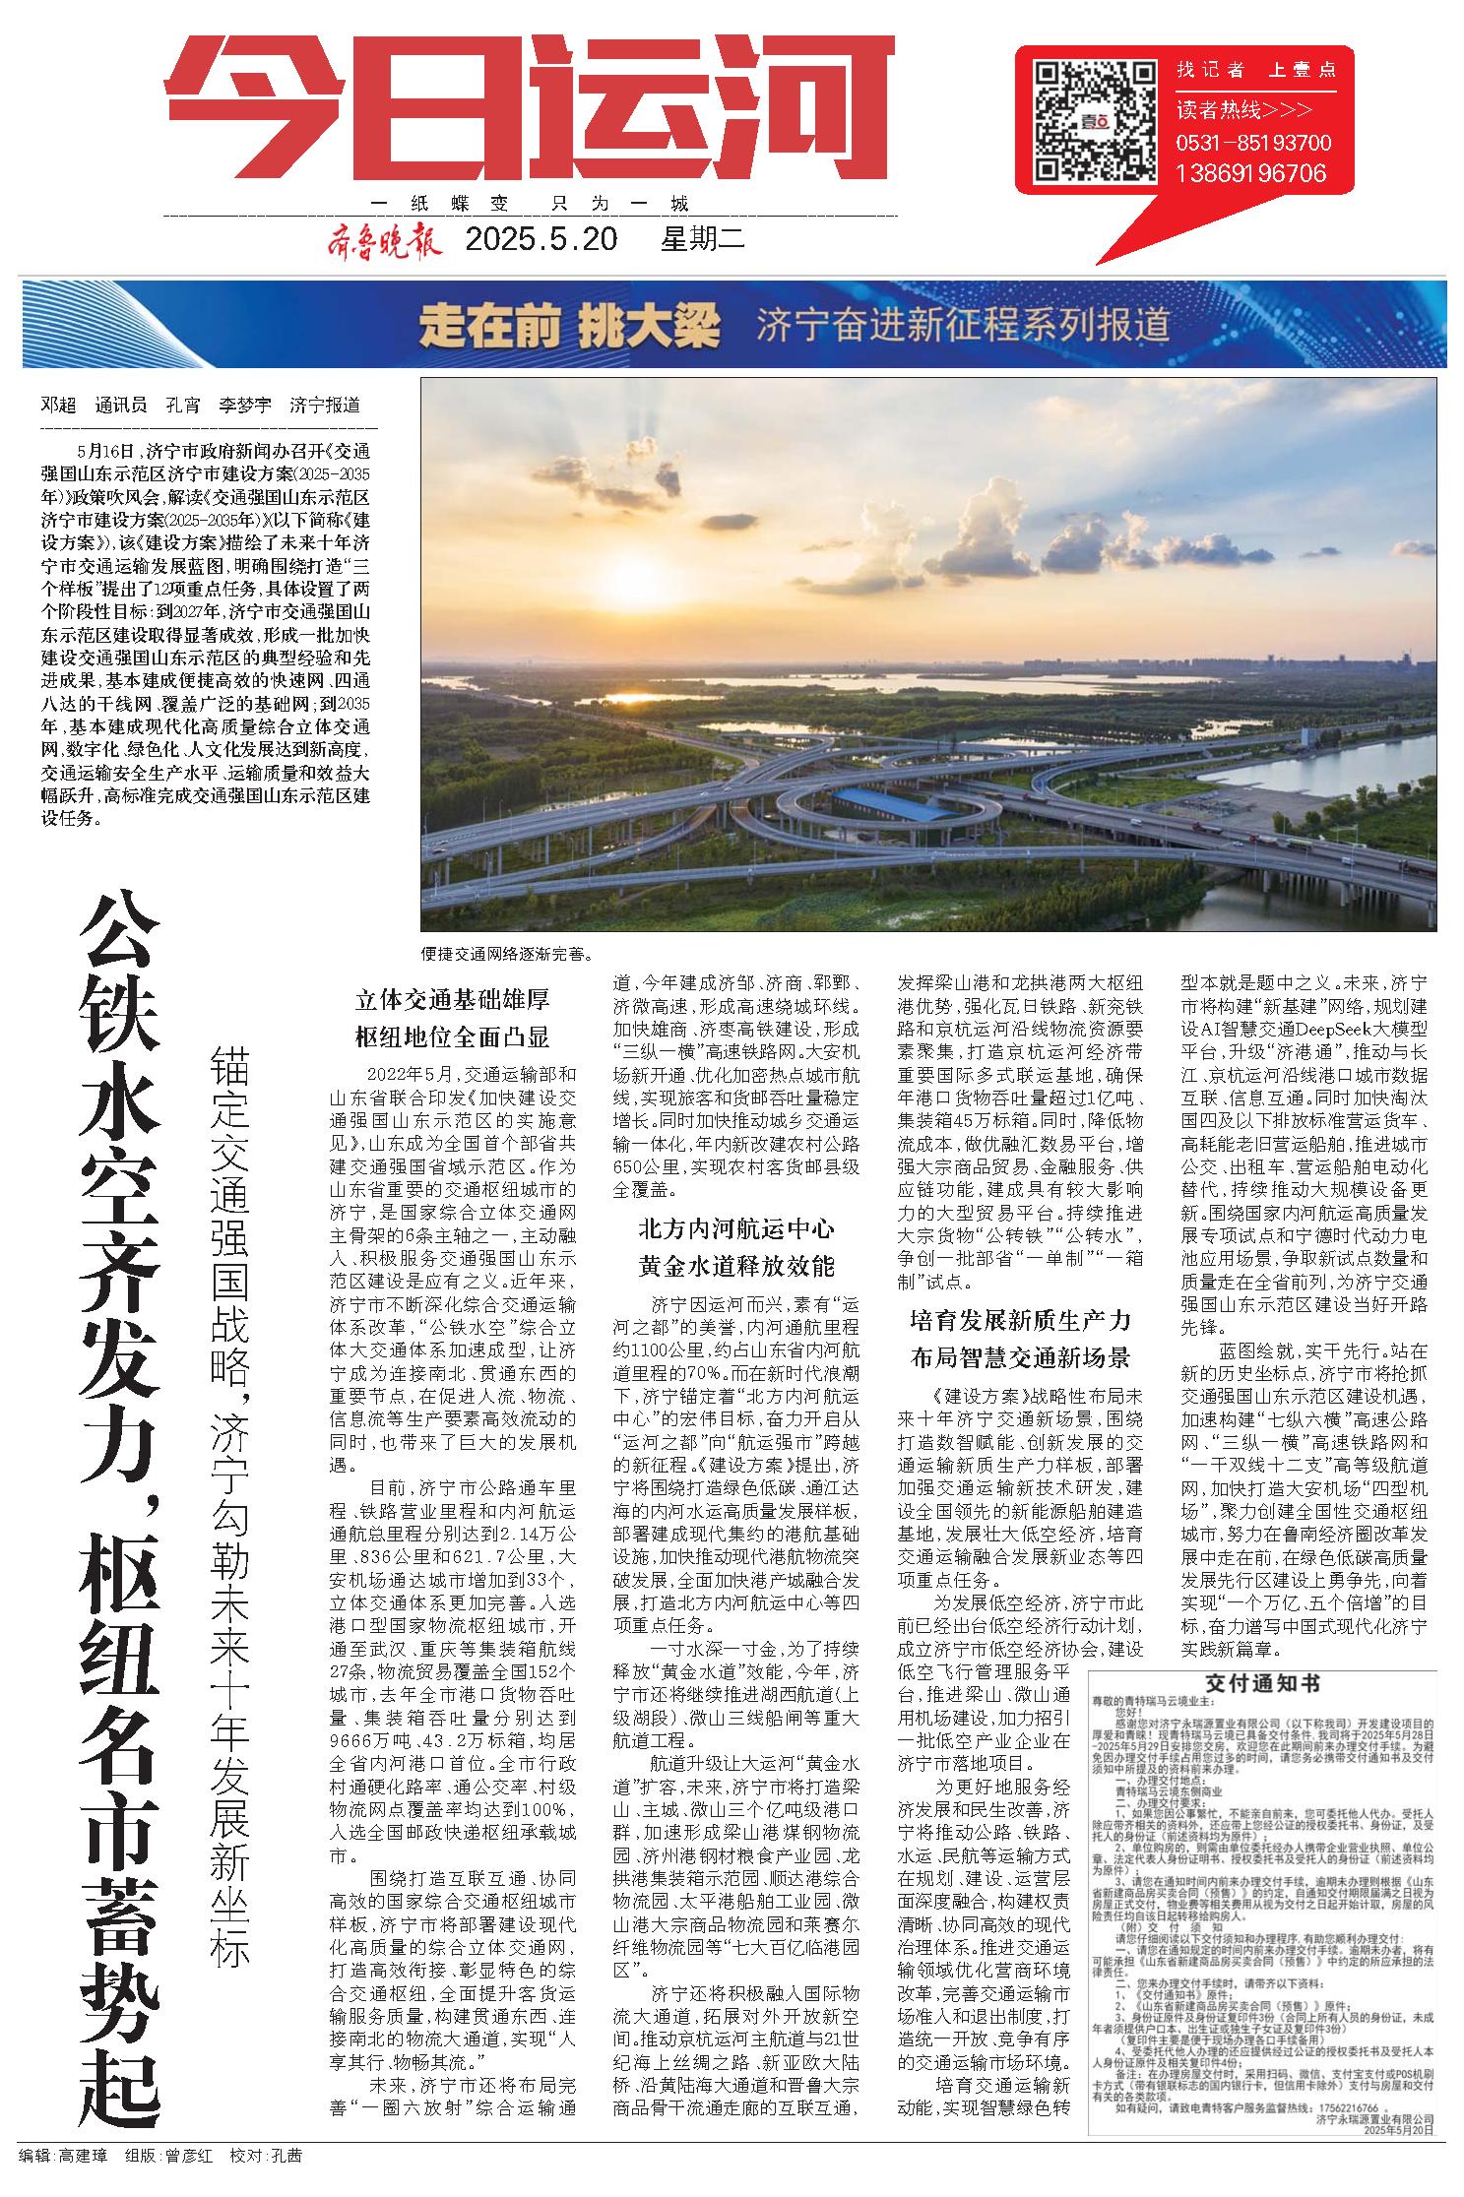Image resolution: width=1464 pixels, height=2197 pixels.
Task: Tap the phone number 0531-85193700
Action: tap(1253, 143)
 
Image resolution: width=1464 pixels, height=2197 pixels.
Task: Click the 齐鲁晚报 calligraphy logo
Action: tap(383, 240)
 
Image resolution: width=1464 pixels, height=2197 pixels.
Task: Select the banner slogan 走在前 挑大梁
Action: tap(569, 324)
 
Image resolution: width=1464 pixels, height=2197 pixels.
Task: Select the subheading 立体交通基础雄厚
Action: tap(452, 1000)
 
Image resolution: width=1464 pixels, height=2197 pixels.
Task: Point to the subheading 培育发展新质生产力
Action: tap(1019, 1320)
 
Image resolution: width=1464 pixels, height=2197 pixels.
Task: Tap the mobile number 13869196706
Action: tap(1250, 173)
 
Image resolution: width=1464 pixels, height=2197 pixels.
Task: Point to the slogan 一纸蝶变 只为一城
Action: tap(530, 205)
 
